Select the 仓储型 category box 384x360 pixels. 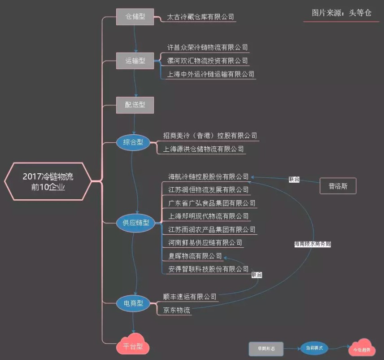coord(135,17)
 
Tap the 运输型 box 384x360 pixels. coord(135,61)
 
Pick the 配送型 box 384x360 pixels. coord(135,105)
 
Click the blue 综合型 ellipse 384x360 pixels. coord(133,142)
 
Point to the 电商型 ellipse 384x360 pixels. coord(133,304)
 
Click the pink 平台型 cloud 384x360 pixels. coord(133,346)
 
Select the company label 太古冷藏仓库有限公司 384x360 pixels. coord(200,17)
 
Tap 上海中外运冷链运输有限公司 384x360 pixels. coord(210,74)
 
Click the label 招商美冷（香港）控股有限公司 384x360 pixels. coord(210,136)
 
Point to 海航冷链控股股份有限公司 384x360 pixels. coord(208,176)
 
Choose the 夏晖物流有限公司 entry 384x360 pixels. coord(195,256)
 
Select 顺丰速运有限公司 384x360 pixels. coord(190,297)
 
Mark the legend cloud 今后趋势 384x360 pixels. coord(361,348)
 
